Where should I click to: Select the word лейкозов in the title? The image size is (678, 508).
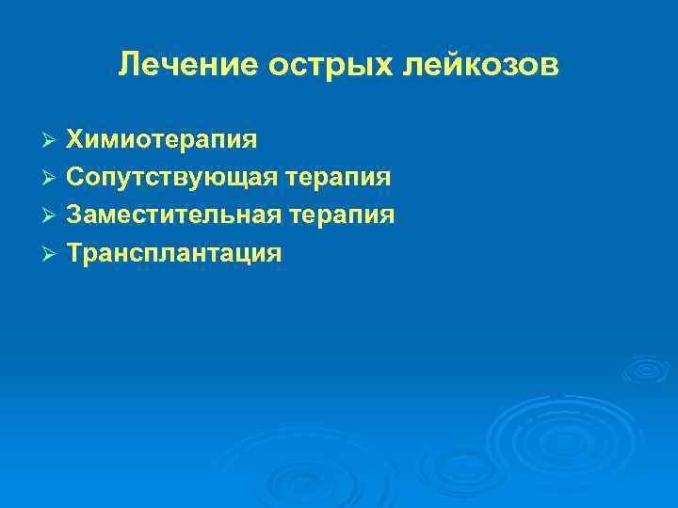(478, 65)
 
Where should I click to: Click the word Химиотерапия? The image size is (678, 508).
(161, 140)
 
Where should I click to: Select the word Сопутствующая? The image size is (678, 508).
(173, 178)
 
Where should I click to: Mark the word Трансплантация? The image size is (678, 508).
(174, 253)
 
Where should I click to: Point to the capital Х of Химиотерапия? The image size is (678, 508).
(73, 140)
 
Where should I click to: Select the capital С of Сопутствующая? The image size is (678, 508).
(74, 178)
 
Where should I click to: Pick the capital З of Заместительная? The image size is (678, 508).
(73, 215)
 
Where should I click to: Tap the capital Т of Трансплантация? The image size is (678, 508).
(73, 253)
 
